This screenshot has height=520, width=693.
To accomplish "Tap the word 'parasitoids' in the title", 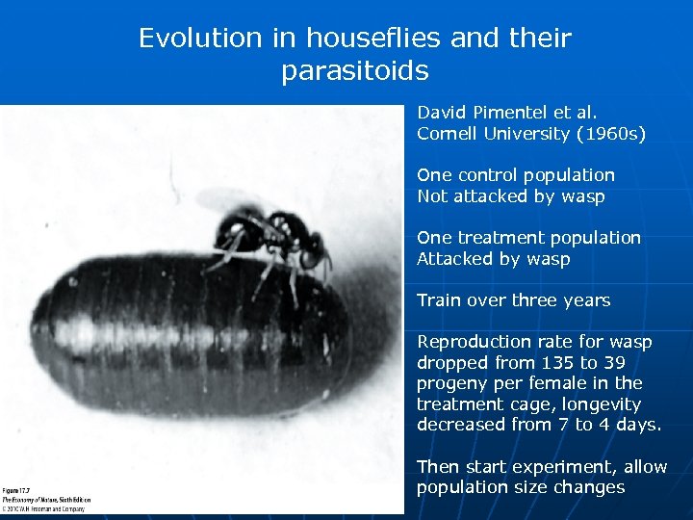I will tap(355, 71).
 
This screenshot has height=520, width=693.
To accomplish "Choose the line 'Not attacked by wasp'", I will tap(511, 196).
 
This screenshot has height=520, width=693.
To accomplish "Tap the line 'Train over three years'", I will tap(513, 300).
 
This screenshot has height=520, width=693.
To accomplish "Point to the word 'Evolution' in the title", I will tap(199, 39).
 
